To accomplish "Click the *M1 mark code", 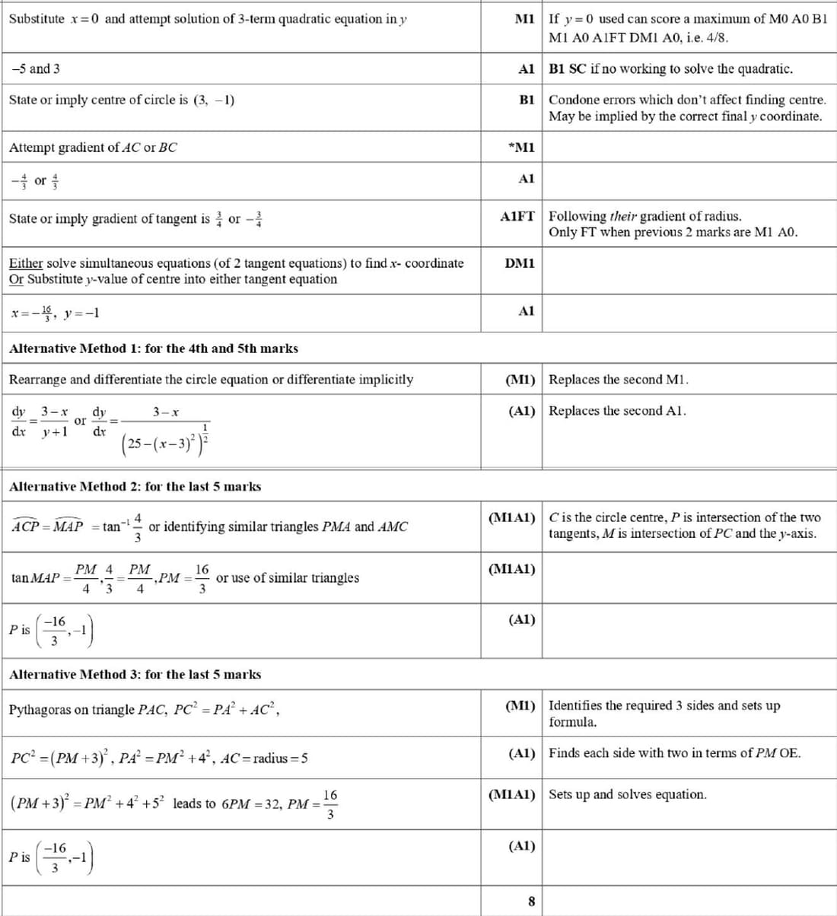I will point(521,148).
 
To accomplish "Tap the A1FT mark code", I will point(517,217).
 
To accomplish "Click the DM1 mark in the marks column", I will point(520,263).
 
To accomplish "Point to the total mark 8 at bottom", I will point(531,902).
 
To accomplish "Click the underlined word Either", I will point(26,263).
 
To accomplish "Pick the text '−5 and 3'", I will point(36,69).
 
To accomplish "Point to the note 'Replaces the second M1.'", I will point(619,380).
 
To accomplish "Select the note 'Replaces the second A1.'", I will point(617,411).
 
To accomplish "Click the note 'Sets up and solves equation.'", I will point(628,794).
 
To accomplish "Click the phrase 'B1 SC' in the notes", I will point(568,69).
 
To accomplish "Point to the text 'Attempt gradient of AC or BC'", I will point(93,148).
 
